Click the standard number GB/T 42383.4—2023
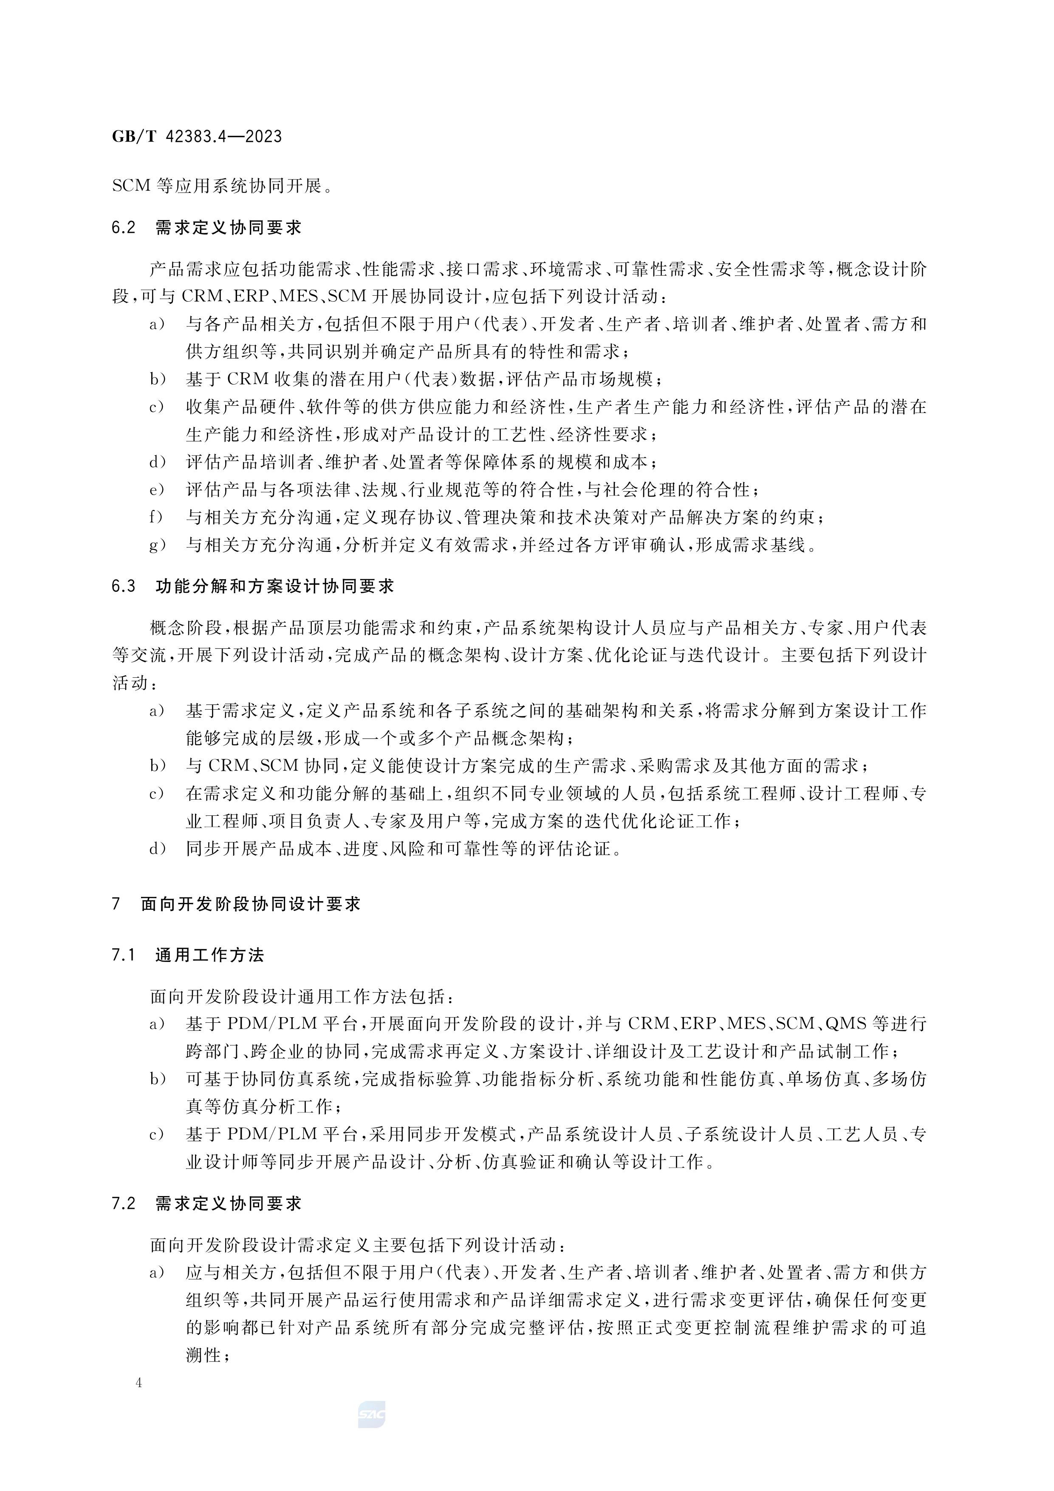click(197, 136)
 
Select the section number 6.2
click(123, 228)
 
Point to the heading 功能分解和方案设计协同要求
click(275, 586)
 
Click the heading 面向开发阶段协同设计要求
click(251, 904)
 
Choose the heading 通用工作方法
click(210, 955)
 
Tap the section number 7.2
click(123, 1203)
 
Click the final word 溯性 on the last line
click(203, 1355)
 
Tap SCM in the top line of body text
click(132, 187)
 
